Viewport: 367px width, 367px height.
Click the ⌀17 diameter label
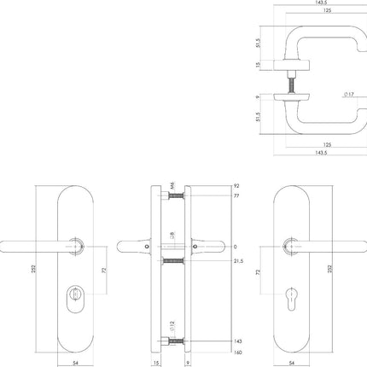point(349,95)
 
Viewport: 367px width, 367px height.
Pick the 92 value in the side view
point(236,185)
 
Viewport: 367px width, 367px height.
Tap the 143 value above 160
point(236,339)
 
